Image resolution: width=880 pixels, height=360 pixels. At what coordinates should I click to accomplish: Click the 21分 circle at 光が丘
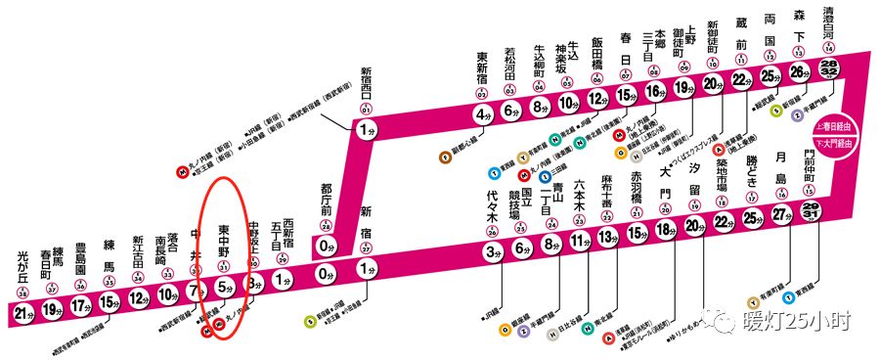24,312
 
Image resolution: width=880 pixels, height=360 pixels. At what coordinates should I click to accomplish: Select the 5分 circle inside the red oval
224,288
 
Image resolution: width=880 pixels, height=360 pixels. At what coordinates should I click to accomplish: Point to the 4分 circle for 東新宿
482,114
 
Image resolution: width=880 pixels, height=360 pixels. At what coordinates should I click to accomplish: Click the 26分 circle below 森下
800,70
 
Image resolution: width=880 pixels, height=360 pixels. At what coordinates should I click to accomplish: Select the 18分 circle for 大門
665,230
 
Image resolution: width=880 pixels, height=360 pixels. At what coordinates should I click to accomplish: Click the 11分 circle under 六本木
579,241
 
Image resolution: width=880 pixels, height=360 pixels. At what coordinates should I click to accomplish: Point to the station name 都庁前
327,201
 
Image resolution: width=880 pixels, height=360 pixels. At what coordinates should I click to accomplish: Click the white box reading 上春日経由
828,127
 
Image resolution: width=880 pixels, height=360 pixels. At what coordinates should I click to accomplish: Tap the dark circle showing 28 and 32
830,65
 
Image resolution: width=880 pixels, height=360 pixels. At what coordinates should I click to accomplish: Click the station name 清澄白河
829,23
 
